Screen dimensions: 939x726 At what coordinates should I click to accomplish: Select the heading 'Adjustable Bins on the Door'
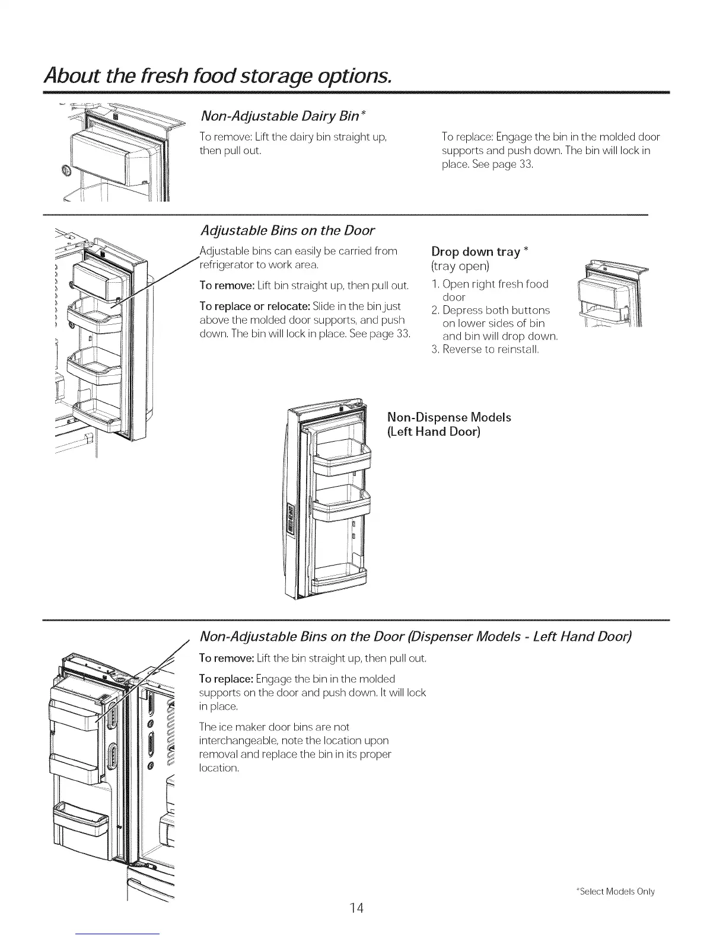(288, 230)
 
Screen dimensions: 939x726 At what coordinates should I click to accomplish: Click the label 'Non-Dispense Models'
(448, 417)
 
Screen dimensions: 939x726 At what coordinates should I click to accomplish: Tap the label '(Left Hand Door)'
(434, 432)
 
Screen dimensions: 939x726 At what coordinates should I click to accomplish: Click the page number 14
(356, 908)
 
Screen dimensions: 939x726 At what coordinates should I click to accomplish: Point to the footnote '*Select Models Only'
(615, 892)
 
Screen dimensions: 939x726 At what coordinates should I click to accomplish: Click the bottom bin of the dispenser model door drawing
(81, 821)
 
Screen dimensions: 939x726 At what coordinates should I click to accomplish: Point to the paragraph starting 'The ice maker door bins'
(295, 747)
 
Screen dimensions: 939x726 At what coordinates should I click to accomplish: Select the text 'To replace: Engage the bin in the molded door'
(550, 137)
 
